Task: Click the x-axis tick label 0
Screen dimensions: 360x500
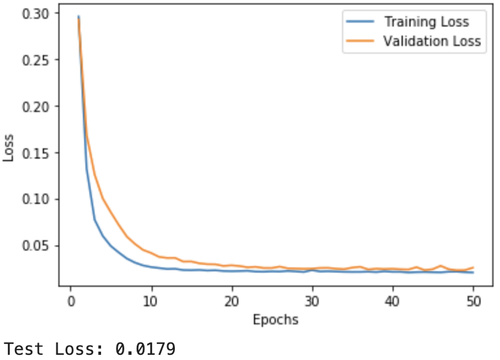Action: tap(71, 301)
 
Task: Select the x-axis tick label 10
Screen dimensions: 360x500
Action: tap(152, 301)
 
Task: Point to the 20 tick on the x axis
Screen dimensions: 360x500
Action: tap(232, 301)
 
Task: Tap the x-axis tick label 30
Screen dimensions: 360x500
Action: tap(312, 301)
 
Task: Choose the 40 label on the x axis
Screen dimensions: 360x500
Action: tap(392, 301)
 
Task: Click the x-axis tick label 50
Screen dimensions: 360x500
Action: tap(473, 301)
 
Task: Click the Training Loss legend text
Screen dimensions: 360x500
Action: tap(426, 22)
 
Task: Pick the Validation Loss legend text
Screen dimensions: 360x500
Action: tap(431, 41)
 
